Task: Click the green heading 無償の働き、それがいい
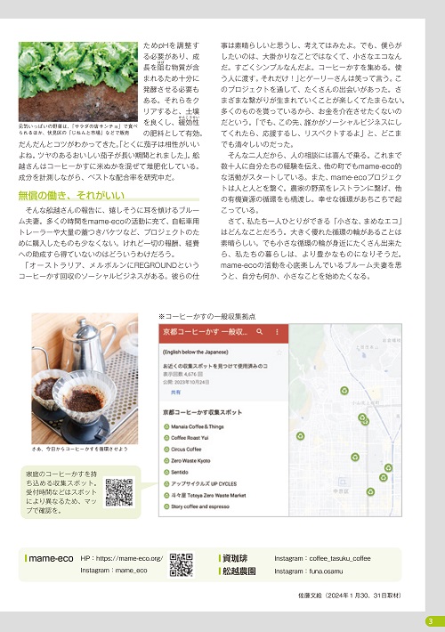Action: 72,194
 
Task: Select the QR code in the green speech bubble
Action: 119,492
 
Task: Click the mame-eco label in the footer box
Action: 53,559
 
